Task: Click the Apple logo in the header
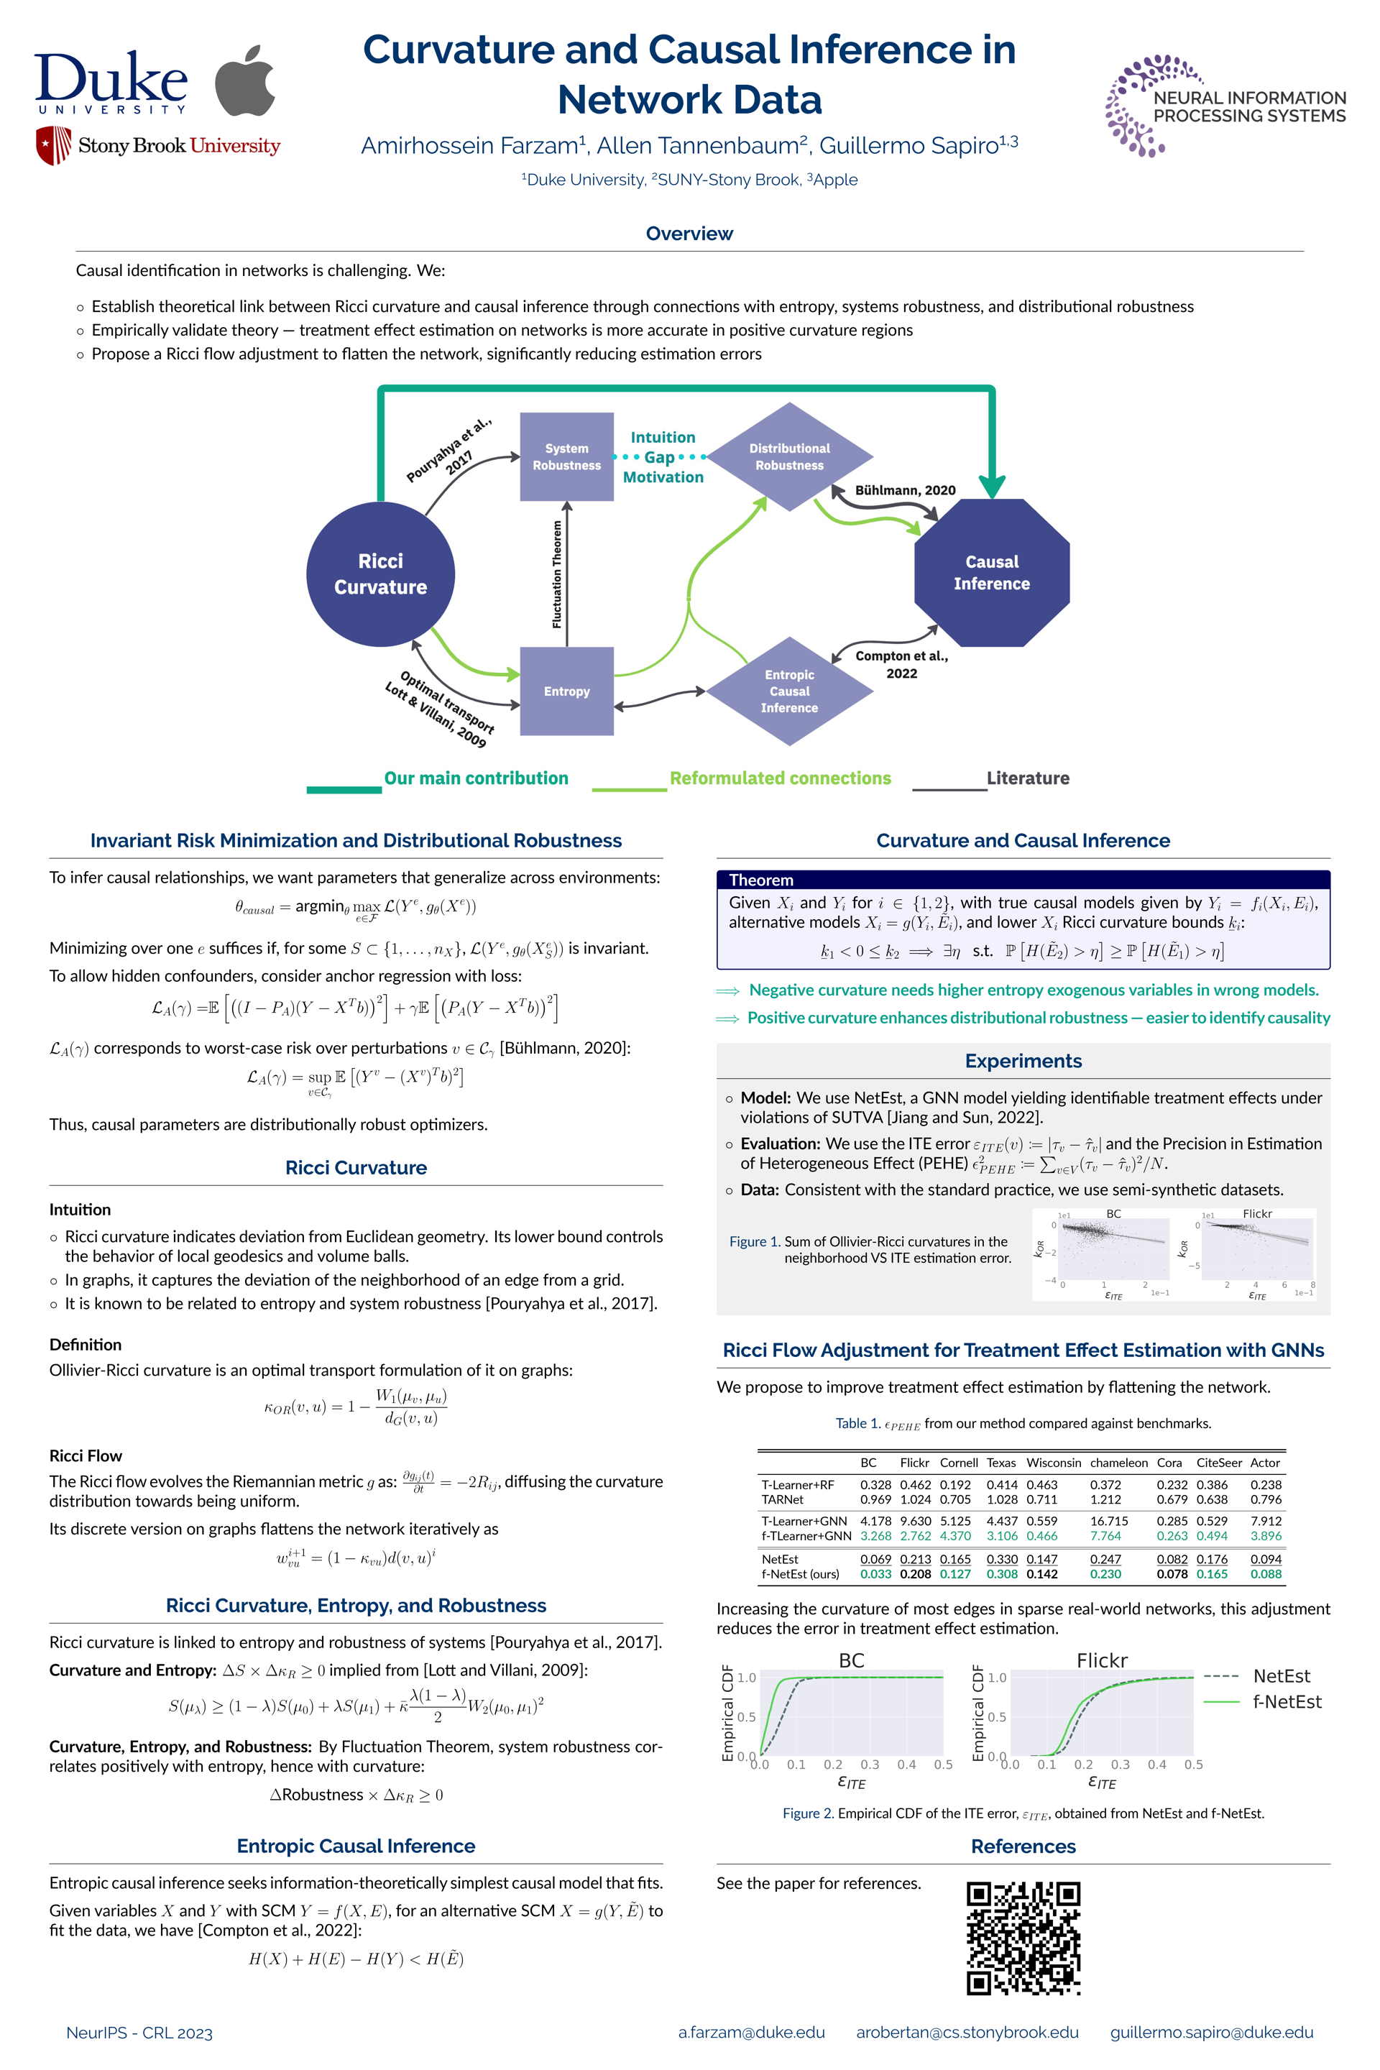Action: [246, 81]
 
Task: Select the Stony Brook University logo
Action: [158, 145]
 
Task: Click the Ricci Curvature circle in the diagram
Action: [380, 574]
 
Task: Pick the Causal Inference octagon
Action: [992, 573]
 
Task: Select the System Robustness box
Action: [567, 457]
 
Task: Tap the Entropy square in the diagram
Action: [567, 691]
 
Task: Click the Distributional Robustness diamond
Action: [789, 457]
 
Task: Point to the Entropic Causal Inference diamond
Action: [789, 691]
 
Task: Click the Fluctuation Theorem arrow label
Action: [556, 574]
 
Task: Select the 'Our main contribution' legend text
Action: [476, 778]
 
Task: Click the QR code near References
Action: [1023, 1937]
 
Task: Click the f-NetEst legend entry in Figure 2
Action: [1287, 1702]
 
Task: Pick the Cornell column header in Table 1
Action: [958, 1463]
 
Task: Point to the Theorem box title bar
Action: [1023, 879]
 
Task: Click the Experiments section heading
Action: [1023, 1061]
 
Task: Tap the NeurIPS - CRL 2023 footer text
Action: [139, 2033]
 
